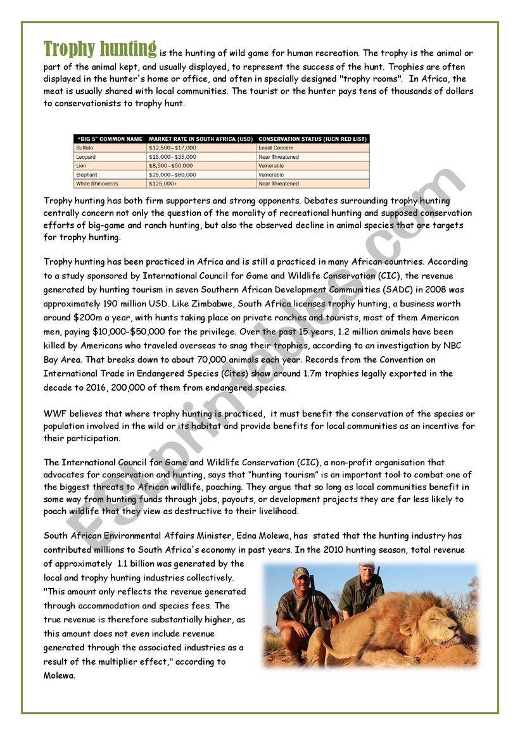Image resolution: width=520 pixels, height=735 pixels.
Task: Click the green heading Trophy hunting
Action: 99,48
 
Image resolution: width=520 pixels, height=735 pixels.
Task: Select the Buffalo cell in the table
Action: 85,148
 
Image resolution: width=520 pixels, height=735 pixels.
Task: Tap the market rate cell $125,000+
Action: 163,184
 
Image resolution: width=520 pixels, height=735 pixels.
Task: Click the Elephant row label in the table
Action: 86,175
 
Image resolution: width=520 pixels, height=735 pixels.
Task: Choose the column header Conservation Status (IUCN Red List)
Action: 312,139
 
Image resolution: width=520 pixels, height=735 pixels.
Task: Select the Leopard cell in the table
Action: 86,157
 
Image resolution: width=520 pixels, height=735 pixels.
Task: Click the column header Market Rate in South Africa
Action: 200,139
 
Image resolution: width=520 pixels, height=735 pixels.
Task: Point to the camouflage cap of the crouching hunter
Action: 301,572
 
